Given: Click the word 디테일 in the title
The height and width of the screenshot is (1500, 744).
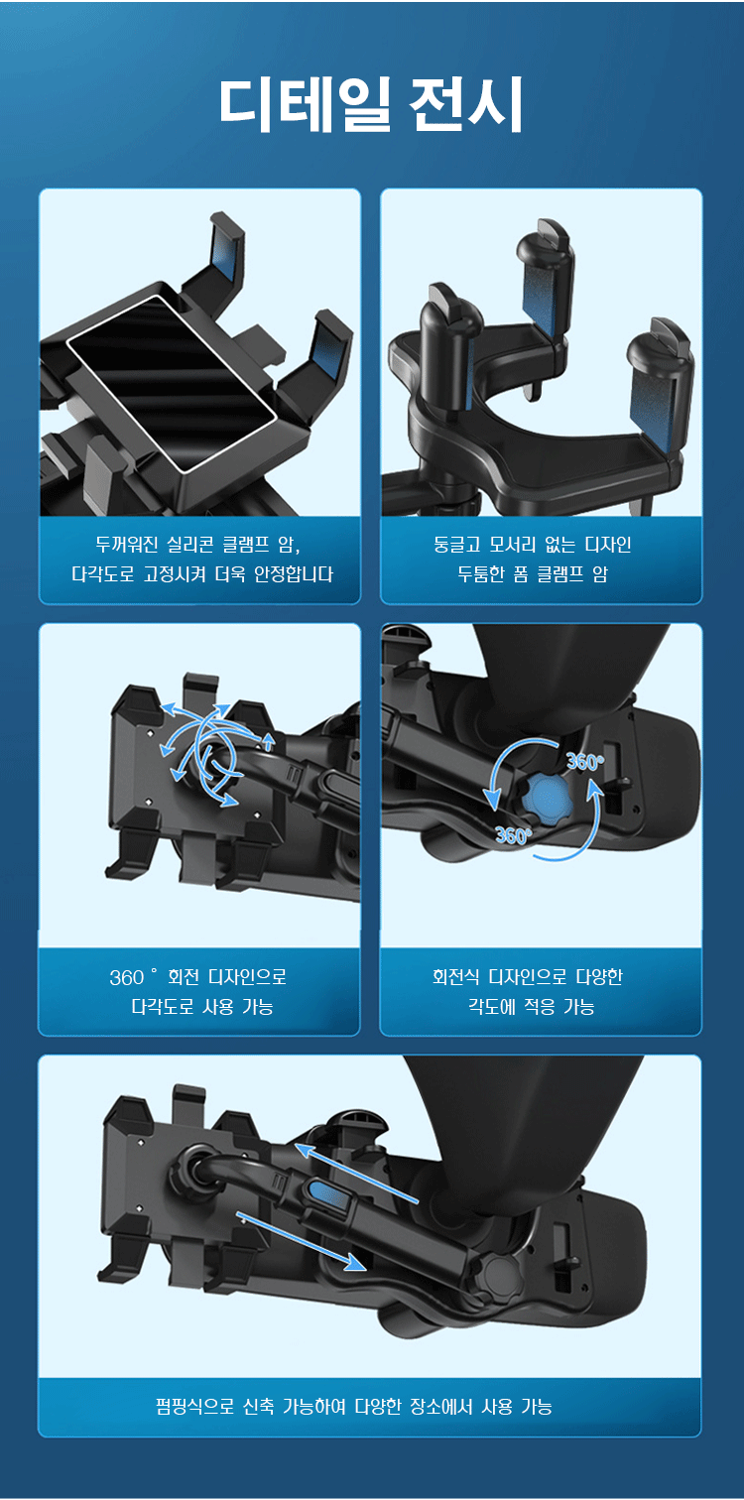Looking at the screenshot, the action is pos(306,105).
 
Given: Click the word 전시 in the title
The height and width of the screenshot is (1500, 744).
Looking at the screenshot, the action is pos(466,105).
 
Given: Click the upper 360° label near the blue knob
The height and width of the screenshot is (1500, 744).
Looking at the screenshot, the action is pos(584,761).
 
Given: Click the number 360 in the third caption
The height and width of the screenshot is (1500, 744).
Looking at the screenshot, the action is pos(127,978).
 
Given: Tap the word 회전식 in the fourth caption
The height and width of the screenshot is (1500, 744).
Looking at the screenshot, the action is pos(455,977).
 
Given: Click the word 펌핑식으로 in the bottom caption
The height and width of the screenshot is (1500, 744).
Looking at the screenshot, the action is pos(194,1406).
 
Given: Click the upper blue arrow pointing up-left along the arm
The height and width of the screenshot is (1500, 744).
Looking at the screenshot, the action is pos(357,1174).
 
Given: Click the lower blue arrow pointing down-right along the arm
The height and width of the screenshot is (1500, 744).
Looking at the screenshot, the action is pos(301,1241).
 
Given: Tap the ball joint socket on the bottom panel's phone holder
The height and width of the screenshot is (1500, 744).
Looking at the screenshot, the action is pos(194,1169).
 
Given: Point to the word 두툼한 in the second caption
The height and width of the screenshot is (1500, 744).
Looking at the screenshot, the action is pos(481,573).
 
